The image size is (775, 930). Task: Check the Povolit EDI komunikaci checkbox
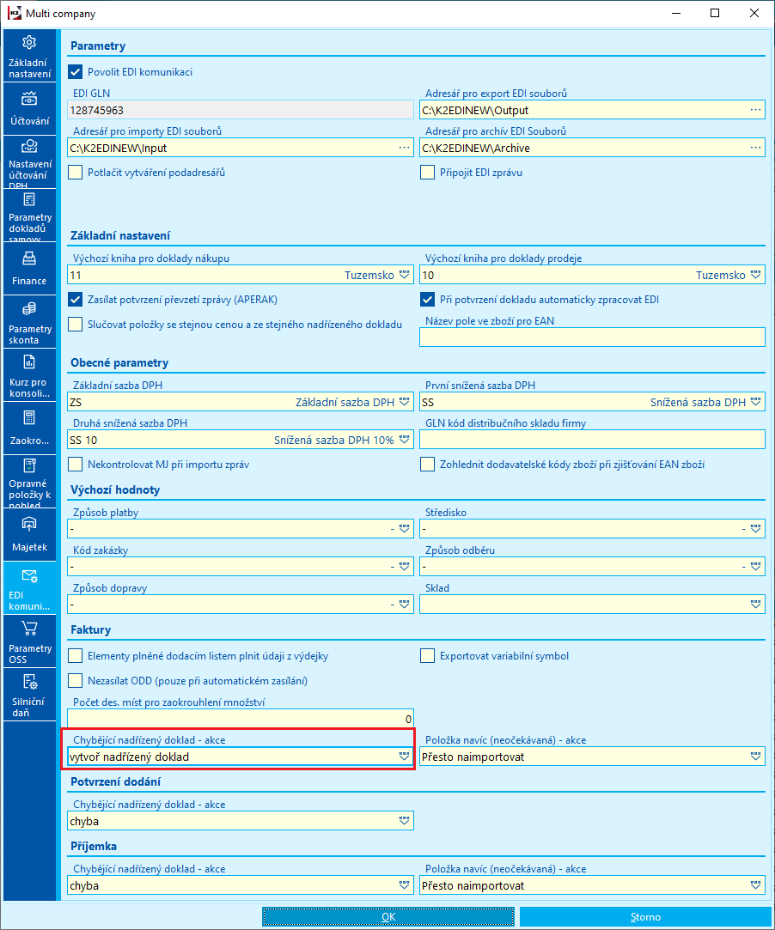[76, 72]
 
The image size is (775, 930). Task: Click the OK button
[388, 917]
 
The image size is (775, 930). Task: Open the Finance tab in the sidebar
[29, 269]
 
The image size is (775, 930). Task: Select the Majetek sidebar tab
[29, 535]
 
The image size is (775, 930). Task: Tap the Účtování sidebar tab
[29, 109]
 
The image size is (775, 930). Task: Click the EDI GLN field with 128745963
[240, 110]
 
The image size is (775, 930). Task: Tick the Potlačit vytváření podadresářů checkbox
[76, 173]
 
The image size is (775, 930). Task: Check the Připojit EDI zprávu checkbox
[428, 173]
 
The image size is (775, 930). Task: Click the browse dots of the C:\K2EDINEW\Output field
[755, 110]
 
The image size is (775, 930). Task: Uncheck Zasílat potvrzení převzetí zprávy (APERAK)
[76, 300]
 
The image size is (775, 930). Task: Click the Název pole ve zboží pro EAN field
[592, 337]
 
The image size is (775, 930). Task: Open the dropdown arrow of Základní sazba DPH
[403, 402]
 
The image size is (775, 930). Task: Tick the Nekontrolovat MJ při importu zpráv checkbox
[76, 465]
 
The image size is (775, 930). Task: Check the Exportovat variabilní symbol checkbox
[428, 656]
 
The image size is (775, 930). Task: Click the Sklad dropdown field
[592, 605]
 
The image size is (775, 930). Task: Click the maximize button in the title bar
[714, 14]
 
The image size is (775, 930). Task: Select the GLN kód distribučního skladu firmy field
[592, 440]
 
